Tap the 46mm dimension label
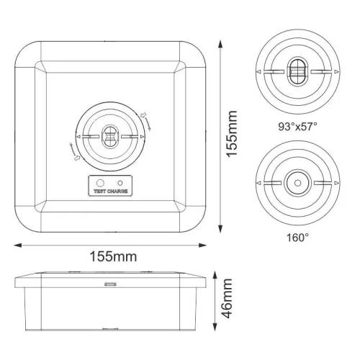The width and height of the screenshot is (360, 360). (228, 301)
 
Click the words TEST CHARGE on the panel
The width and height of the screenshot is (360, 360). (110, 192)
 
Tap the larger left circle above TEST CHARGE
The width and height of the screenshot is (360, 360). (101, 183)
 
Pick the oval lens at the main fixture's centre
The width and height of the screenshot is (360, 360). (110, 137)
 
